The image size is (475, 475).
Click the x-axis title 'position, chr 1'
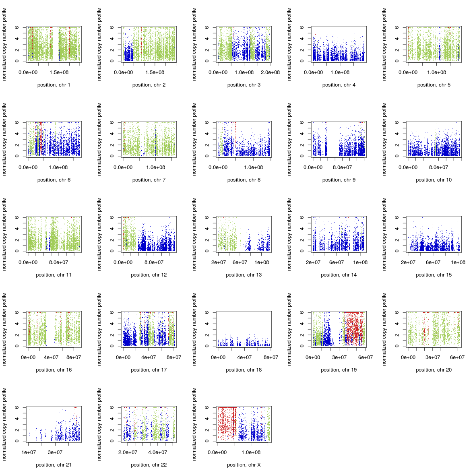coord(54,85)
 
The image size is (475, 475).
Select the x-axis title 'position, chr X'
coord(244,465)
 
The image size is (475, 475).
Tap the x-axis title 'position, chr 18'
coord(244,370)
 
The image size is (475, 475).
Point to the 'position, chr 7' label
coord(149,180)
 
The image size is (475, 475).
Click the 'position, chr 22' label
coord(149,465)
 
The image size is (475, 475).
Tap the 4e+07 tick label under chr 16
coord(51,357)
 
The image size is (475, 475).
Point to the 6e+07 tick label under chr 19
coord(365,357)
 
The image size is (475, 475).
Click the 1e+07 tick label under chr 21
coord(29,452)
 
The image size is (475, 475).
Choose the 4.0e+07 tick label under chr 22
coord(157,452)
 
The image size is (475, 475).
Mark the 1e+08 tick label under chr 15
coord(458,262)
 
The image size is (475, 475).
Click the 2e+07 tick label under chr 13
coord(219,262)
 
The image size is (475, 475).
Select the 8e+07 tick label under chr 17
coord(174,357)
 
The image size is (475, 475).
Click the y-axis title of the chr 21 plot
coord(4,424)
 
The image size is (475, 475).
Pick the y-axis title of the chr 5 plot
coord(384,44)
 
